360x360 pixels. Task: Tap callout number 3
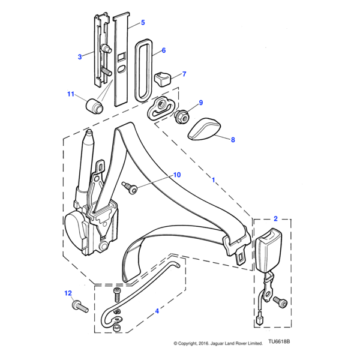80,57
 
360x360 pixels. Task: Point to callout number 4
157,311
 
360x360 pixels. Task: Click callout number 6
163,51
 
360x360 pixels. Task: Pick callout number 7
184,74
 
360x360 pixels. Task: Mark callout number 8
233,139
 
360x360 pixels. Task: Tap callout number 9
200,103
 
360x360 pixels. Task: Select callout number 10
176,175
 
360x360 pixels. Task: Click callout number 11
70,94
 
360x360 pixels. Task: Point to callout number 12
68,293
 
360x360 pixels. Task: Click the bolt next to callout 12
80,307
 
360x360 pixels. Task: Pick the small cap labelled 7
164,78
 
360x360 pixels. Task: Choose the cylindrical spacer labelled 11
95,106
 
